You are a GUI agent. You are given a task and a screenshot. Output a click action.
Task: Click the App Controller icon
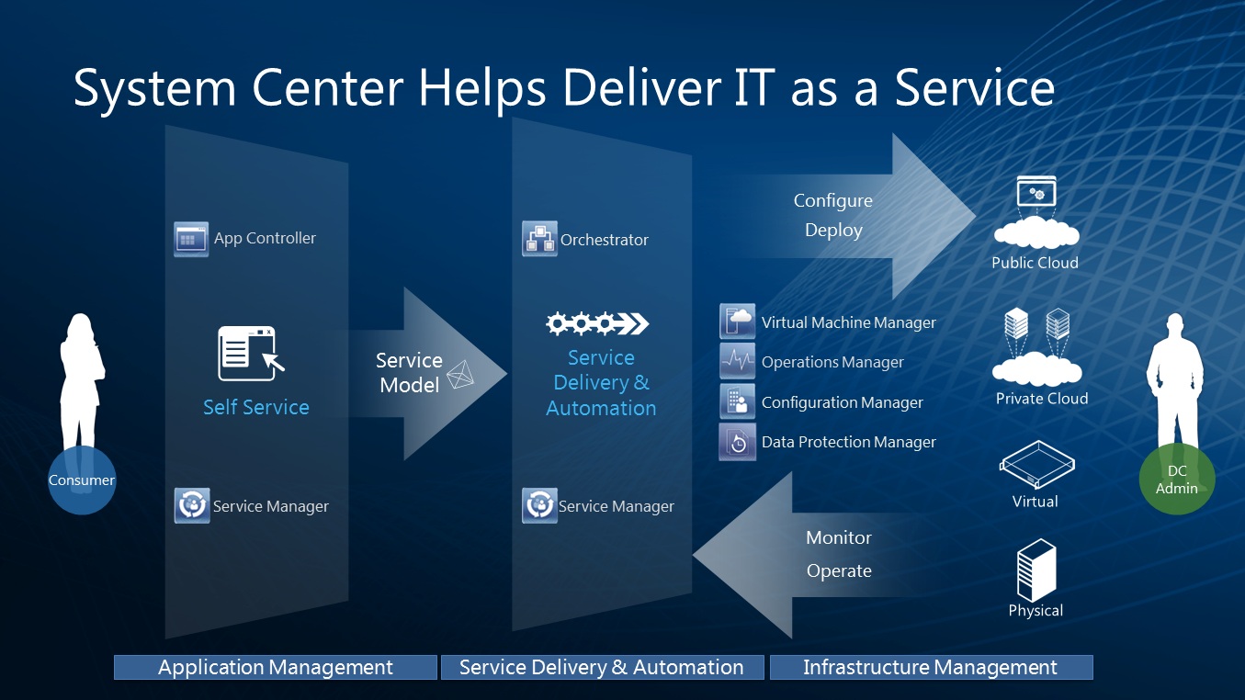tap(191, 239)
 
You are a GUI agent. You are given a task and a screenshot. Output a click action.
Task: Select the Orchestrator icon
tap(539, 239)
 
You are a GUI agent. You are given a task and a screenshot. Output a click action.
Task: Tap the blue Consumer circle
tap(82, 480)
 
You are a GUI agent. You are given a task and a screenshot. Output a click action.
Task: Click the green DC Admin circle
tap(1177, 480)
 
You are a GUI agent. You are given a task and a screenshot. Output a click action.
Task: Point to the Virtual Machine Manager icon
tap(737, 322)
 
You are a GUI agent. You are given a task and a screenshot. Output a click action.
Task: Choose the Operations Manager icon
tap(737, 362)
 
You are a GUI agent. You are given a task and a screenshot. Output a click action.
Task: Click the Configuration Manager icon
tap(737, 402)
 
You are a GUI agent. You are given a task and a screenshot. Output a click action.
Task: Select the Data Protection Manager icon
tap(737, 442)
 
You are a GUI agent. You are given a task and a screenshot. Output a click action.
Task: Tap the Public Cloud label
tap(1035, 263)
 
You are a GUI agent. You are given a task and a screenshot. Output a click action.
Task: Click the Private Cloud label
tap(1041, 399)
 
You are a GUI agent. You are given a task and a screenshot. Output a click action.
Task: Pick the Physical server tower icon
tap(1036, 570)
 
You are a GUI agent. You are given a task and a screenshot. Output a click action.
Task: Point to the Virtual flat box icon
tap(1036, 465)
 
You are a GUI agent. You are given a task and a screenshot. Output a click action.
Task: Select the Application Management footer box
tap(275, 668)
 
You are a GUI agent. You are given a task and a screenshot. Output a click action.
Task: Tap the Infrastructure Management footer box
tap(930, 668)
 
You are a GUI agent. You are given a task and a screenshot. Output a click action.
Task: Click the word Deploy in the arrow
tap(833, 231)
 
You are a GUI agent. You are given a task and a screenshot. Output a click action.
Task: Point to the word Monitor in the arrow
tap(838, 538)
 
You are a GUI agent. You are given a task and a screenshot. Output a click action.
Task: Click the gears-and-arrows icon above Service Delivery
tap(597, 323)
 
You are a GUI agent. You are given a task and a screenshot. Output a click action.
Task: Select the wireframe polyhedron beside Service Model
tap(460, 375)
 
